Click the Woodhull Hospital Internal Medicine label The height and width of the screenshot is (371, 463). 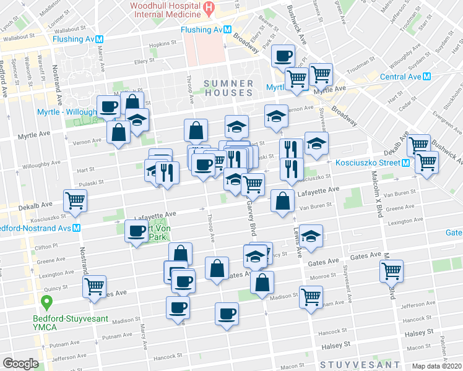click(x=165, y=11)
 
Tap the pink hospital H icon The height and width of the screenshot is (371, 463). click(x=209, y=9)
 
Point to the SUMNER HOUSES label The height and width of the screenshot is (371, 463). click(x=228, y=88)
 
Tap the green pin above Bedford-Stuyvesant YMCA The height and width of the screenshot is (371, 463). click(x=46, y=303)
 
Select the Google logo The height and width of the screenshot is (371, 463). click(x=20, y=364)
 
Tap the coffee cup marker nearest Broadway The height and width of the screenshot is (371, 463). click(x=283, y=56)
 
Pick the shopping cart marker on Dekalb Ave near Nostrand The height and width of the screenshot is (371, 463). click(x=76, y=200)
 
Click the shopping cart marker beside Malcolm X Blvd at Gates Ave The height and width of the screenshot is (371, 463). click(x=391, y=270)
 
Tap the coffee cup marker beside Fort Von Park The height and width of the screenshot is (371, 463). click(x=137, y=232)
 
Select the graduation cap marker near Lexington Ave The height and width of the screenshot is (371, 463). click(x=312, y=235)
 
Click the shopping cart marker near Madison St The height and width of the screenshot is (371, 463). click(x=311, y=297)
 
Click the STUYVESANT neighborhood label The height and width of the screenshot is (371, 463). click(x=355, y=365)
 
